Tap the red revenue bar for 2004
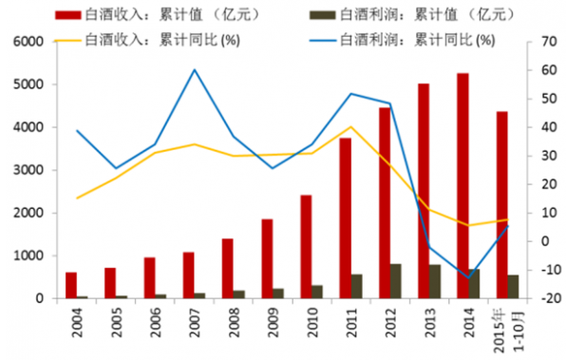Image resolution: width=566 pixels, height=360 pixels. pyautogui.click(x=71, y=285)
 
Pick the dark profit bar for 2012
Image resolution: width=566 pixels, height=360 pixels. pyautogui.click(x=395, y=281)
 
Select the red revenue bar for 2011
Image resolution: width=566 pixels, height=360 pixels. pyautogui.click(x=345, y=218)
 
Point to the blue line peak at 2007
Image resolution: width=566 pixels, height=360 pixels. pyautogui.click(x=194, y=69)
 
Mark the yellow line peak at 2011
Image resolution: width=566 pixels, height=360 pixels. pyautogui.click(x=350, y=126)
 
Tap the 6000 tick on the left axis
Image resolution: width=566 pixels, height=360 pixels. pyautogui.click(x=29, y=42)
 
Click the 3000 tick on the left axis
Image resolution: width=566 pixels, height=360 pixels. pyautogui.click(x=29, y=170)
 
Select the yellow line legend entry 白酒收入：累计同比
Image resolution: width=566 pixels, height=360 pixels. pyautogui.click(x=152, y=40)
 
